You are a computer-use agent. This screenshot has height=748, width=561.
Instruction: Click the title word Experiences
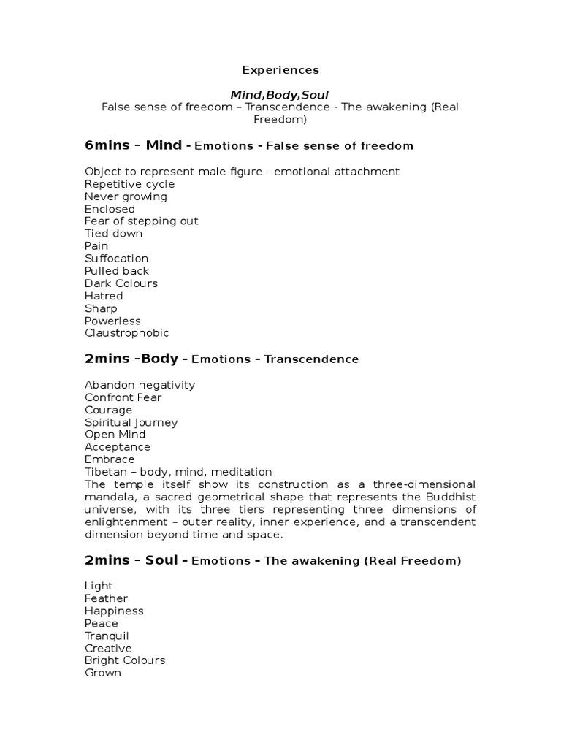[280, 70]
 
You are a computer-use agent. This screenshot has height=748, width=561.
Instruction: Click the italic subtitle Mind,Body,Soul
[280, 95]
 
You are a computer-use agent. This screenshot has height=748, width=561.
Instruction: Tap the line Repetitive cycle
[129, 184]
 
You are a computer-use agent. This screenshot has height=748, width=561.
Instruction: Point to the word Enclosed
[110, 209]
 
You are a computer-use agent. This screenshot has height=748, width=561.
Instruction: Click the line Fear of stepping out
[141, 221]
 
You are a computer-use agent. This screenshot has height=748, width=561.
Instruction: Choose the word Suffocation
[116, 259]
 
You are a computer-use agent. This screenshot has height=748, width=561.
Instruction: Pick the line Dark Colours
[121, 283]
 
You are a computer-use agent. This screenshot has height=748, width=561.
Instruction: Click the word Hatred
[104, 296]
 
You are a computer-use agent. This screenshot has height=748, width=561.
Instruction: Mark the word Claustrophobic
[126, 333]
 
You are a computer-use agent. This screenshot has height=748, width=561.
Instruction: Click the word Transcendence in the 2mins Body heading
[311, 359]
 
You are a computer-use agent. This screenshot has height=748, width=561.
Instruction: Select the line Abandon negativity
[140, 385]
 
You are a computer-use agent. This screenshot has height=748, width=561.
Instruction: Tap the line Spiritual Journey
[131, 422]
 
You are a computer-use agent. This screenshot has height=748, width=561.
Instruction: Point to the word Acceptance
[117, 447]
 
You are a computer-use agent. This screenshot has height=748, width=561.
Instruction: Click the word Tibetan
[105, 472]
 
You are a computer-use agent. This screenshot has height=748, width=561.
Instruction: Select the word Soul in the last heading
[161, 560]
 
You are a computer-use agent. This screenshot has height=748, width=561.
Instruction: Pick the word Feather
[106, 598]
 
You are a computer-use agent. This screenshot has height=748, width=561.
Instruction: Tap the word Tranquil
[107, 636]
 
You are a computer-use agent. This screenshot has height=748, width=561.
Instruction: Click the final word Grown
[102, 673]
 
